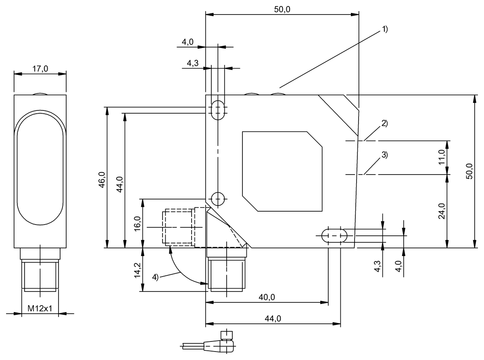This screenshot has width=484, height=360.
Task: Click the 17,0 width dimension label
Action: (x=40, y=69)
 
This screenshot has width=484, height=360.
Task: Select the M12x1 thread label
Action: (x=40, y=309)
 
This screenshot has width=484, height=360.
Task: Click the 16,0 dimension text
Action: (x=137, y=223)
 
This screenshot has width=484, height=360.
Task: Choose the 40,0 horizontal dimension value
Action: (x=267, y=298)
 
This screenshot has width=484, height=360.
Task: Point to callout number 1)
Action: (x=384, y=29)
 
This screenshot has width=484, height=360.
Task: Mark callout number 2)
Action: (x=384, y=124)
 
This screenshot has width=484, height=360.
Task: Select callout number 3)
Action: (x=384, y=154)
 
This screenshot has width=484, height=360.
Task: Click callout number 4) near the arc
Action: (x=156, y=277)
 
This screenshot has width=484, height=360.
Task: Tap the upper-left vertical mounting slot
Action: (x=218, y=109)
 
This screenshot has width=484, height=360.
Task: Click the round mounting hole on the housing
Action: (x=218, y=198)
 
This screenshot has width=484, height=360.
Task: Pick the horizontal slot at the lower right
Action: (x=334, y=235)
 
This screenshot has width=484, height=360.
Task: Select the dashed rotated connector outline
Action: (x=178, y=227)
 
